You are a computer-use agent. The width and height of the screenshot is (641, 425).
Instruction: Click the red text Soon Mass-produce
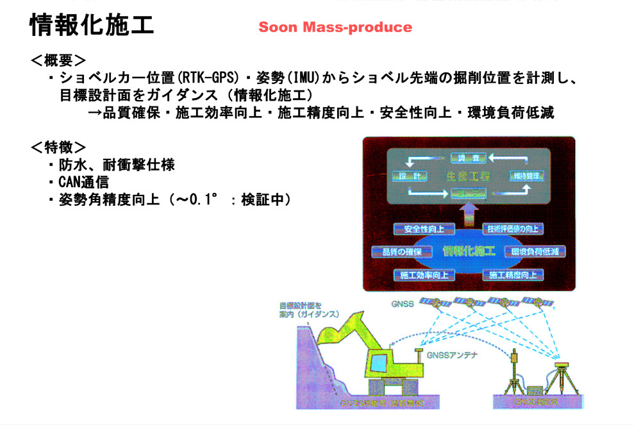[335, 28]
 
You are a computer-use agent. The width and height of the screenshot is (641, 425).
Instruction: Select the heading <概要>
[58, 62]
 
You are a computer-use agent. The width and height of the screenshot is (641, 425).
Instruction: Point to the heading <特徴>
[58, 147]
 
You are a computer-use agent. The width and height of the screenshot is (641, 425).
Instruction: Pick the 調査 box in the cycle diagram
[469, 157]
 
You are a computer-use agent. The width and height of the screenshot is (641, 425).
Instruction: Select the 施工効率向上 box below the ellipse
[424, 275]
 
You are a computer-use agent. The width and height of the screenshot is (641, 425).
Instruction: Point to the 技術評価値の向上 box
[513, 229]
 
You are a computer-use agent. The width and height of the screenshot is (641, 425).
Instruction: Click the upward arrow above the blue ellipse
[467, 209]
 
